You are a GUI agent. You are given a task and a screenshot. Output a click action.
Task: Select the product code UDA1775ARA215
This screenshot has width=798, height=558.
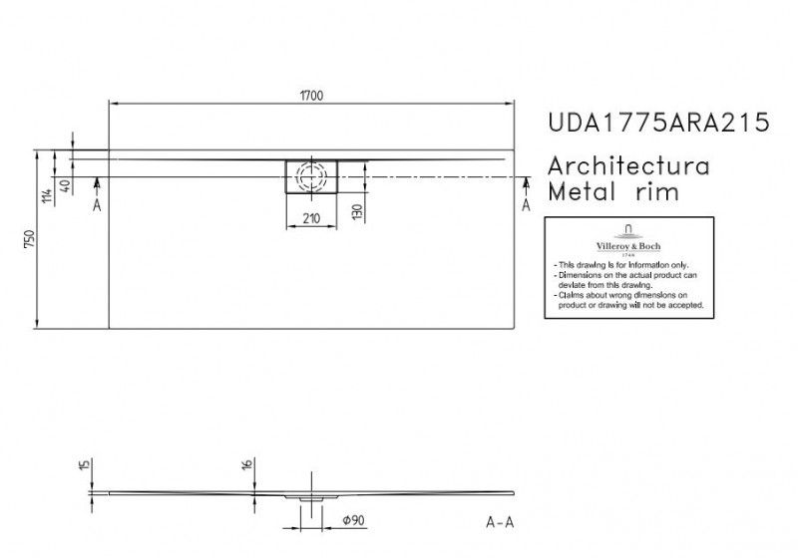pyautogui.click(x=659, y=124)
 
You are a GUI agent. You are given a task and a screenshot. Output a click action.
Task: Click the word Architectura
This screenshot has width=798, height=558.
pyautogui.click(x=629, y=166)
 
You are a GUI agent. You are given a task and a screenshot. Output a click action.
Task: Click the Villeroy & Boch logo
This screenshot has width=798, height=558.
pyautogui.click(x=627, y=238)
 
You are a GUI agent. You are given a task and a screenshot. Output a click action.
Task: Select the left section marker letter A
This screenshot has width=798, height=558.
pyautogui.click(x=97, y=205)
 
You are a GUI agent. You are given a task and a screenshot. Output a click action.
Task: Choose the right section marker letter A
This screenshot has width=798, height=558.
pyautogui.click(x=527, y=205)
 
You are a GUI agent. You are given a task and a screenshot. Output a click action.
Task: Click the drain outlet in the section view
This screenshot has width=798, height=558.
pyautogui.click(x=312, y=496)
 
